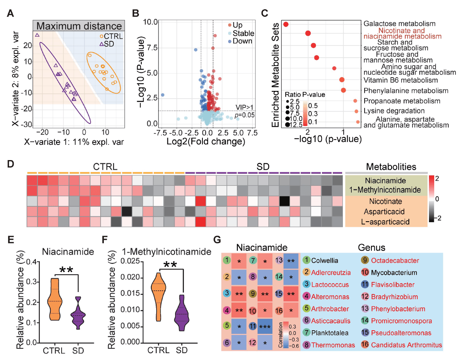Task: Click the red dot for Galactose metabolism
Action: (286, 24)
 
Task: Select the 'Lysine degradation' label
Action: (394, 111)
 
